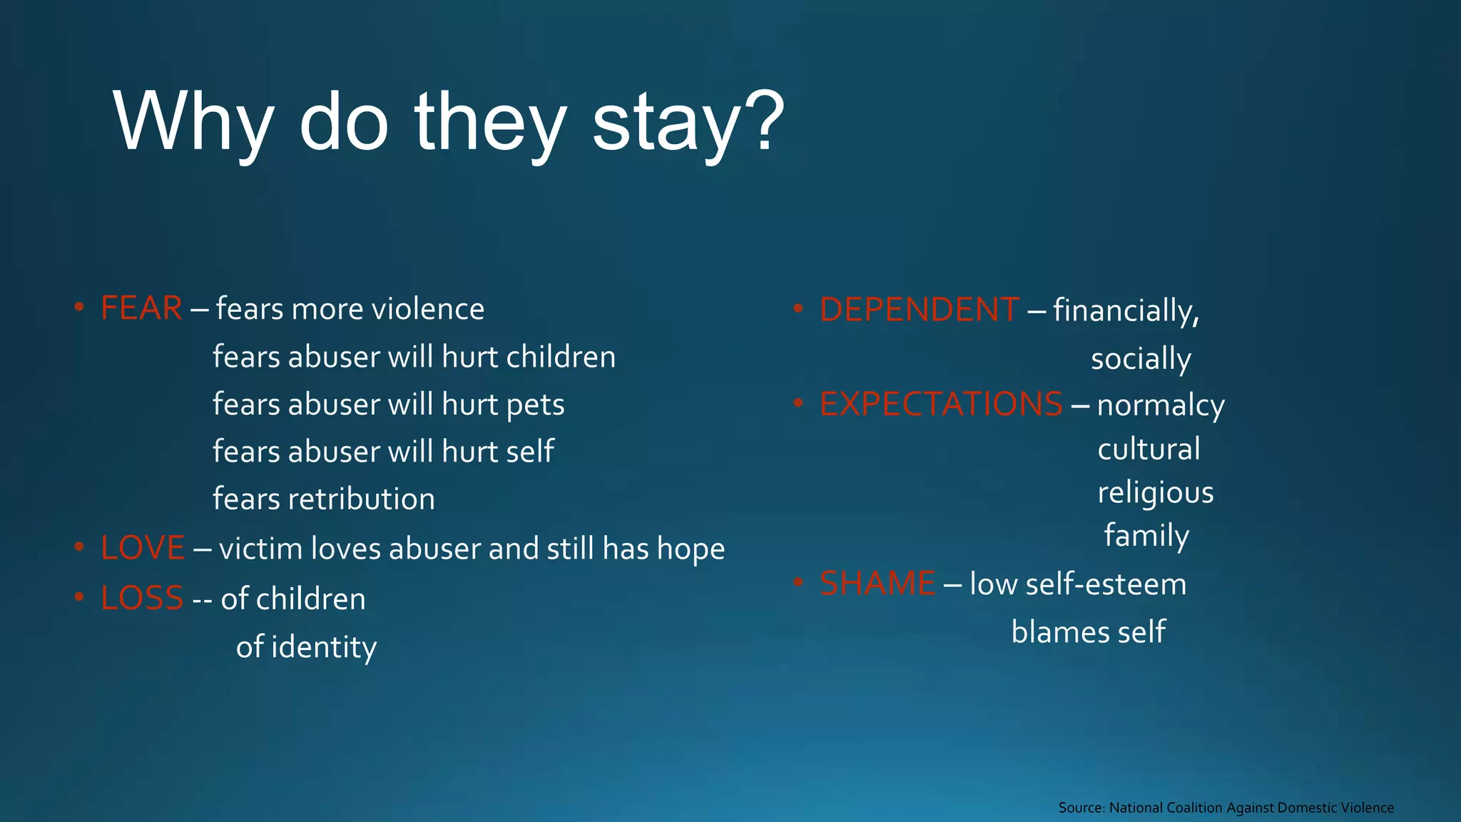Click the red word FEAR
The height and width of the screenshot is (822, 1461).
(141, 309)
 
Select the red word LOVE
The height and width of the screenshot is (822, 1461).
(143, 549)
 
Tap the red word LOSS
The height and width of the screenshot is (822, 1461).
(142, 599)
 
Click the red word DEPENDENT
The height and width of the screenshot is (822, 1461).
(919, 310)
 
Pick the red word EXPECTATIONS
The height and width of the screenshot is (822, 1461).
(941, 405)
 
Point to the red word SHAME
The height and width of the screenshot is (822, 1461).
(877, 584)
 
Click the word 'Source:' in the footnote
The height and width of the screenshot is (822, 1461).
(1081, 808)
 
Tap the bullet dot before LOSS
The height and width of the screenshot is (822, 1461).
(79, 597)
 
